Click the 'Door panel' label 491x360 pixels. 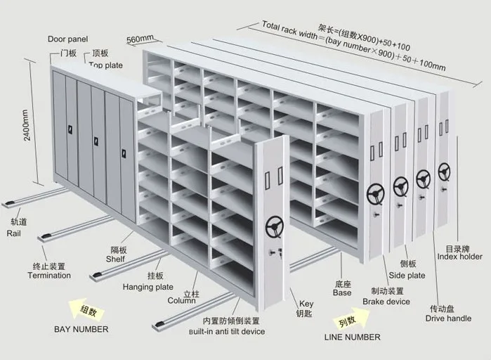click(x=67, y=39)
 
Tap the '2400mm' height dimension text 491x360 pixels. click(x=26, y=124)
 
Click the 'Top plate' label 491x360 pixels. click(x=105, y=65)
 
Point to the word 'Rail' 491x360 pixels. click(x=15, y=232)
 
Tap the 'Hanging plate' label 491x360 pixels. click(x=148, y=287)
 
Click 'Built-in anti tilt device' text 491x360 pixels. click(x=226, y=331)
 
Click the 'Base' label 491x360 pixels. click(x=342, y=292)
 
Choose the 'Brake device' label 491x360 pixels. click(x=386, y=302)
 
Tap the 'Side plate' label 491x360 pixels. click(x=407, y=276)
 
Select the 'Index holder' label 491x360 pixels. click(x=464, y=257)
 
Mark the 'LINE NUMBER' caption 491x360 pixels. click(x=353, y=337)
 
